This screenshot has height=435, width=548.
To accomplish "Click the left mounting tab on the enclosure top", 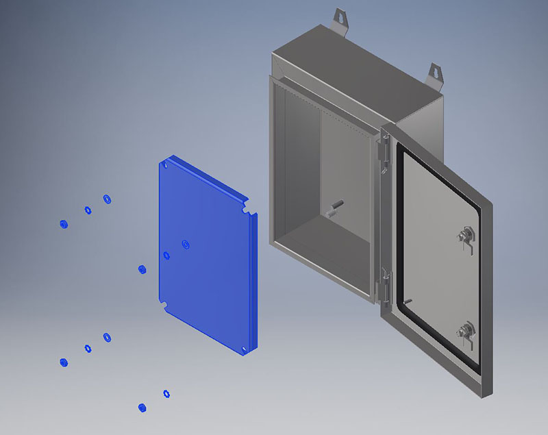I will (340, 17).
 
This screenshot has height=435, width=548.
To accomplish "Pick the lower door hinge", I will (385, 282).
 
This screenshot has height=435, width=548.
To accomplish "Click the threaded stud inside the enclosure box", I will (336, 207).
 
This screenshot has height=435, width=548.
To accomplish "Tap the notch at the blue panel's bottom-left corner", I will (164, 304).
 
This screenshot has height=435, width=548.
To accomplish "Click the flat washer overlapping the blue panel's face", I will (186, 244).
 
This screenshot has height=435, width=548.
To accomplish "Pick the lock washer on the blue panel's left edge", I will (166, 256).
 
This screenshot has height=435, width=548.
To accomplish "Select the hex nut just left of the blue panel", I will (142, 269).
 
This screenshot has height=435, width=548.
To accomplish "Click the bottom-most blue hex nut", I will (142, 408).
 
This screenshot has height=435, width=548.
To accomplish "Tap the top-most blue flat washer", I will (107, 199).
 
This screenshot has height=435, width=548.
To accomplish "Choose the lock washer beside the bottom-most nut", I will (166, 393).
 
